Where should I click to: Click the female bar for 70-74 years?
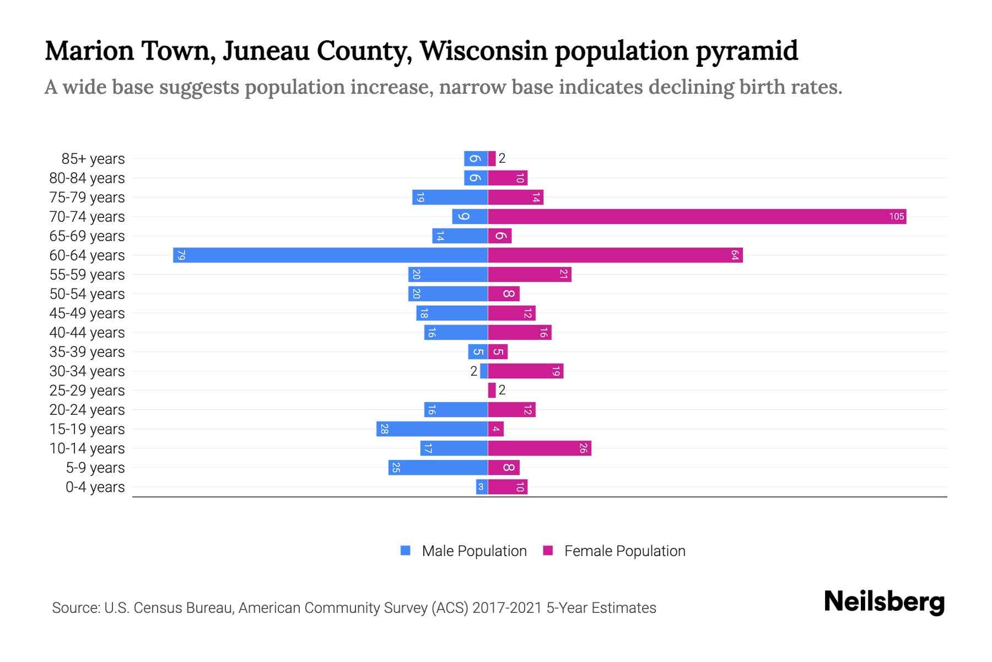697,216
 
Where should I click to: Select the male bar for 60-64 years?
331,255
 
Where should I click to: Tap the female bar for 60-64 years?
615,255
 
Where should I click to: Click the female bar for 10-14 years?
540,448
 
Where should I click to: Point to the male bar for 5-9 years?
438,467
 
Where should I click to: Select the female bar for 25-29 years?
492,390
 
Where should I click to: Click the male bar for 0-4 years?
482,487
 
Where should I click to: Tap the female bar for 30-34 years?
526,371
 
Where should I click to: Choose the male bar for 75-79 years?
450,197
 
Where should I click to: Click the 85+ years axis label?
93,159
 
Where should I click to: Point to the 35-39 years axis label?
87,352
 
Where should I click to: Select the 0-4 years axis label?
95,487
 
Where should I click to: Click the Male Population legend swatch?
406,551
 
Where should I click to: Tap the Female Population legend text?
624,551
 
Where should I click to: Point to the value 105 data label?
897,216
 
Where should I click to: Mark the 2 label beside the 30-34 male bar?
473,371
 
